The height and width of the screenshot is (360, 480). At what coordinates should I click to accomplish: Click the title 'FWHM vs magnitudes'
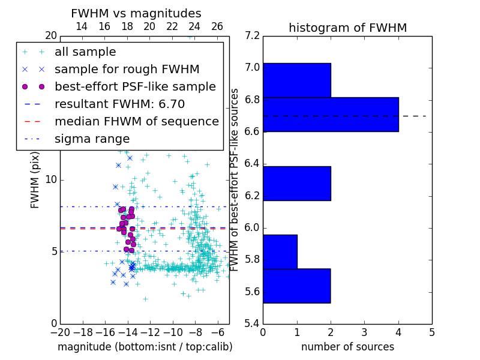click(x=136, y=13)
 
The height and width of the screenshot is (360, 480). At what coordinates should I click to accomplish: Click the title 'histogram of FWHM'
click(x=347, y=28)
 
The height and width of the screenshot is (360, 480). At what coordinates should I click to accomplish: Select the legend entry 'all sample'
click(x=85, y=52)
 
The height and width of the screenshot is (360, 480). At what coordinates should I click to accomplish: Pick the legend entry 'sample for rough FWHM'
click(x=127, y=69)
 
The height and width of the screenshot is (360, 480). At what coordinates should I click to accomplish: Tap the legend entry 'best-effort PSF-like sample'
click(x=135, y=86)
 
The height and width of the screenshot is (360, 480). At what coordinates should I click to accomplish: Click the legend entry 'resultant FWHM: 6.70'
click(x=119, y=104)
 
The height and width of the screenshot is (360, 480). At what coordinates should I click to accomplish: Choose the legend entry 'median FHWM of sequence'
click(x=136, y=121)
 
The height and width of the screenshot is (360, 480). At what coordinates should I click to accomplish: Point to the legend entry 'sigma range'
click(x=92, y=139)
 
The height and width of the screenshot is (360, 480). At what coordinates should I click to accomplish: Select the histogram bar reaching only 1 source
click(x=280, y=251)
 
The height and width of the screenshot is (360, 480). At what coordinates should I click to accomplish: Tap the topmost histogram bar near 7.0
click(x=296, y=80)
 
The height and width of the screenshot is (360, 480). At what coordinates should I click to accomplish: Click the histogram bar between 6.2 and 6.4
click(x=296, y=183)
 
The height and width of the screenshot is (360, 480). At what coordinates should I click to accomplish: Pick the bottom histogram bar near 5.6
click(x=296, y=286)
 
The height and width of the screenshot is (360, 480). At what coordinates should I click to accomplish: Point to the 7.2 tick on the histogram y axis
click(x=253, y=36)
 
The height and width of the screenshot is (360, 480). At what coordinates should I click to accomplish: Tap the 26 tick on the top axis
click(x=217, y=26)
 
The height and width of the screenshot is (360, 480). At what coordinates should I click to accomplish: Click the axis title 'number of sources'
click(x=347, y=347)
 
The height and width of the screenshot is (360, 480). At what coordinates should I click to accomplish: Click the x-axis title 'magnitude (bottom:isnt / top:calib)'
click(x=145, y=347)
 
